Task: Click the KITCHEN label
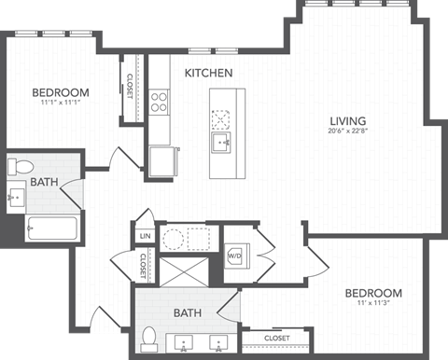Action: click(208, 73)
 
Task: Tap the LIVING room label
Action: click(347, 119)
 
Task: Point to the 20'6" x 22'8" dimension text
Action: click(346, 132)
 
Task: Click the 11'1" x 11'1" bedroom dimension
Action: click(60, 104)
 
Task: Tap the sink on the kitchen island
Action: click(221, 141)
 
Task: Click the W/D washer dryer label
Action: click(235, 255)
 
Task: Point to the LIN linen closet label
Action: click(144, 237)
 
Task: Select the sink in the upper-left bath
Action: click(17, 197)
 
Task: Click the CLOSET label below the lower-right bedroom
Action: click(276, 338)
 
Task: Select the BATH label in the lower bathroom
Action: click(189, 313)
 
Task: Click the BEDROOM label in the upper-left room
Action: click(60, 92)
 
